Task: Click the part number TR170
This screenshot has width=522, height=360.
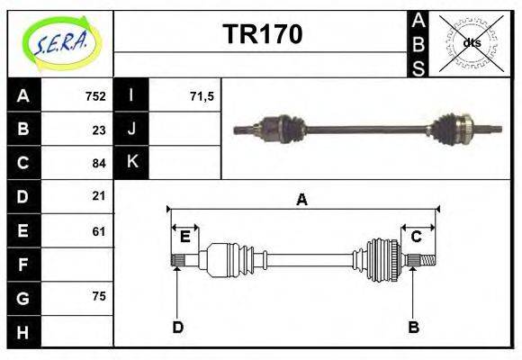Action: pos(262,35)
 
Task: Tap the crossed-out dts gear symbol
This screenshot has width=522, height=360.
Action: pos(471,43)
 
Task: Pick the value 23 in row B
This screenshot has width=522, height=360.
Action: pos(99,130)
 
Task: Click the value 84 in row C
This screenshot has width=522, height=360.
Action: pos(99,163)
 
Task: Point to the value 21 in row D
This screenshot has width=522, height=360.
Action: pos(99,195)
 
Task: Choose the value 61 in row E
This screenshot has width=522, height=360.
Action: pos(99,231)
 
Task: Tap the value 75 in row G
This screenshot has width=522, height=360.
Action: pos(99,296)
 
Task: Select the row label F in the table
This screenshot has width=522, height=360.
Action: pos(23,265)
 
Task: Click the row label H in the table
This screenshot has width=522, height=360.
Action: pos(23,332)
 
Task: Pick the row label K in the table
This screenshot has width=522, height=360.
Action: pos(132,163)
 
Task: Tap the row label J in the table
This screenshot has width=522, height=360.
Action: pos(132,130)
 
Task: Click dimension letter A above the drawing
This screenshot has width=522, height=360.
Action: pos(302,200)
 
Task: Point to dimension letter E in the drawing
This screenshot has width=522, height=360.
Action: pos(184,237)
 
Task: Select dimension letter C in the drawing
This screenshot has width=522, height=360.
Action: pos(417,237)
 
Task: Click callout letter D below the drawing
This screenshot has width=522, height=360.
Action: pos(177,327)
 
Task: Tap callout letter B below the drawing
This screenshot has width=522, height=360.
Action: pos(413,327)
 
